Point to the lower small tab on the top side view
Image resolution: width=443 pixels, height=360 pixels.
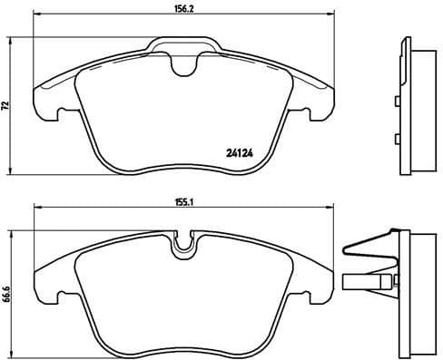click(399, 138)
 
